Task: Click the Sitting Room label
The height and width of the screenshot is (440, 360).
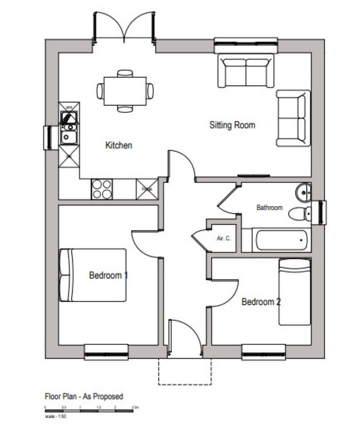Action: pyautogui.click(x=232, y=125)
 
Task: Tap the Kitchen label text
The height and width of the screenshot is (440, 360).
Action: pyautogui.click(x=118, y=146)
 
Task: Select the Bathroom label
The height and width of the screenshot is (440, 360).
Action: pyautogui.click(x=269, y=208)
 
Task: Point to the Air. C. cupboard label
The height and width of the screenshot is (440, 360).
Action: pyautogui.click(x=223, y=238)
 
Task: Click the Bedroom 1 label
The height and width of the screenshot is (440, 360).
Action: pyautogui.click(x=108, y=276)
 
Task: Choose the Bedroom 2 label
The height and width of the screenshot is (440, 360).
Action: pyautogui.click(x=260, y=302)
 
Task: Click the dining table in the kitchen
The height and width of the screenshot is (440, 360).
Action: pyautogui.click(x=125, y=91)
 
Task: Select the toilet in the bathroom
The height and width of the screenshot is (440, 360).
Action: pyautogui.click(x=299, y=214)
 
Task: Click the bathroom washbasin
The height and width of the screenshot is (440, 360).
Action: pyautogui.click(x=303, y=191)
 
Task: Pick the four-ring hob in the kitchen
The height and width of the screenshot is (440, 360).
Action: pyautogui.click(x=102, y=189)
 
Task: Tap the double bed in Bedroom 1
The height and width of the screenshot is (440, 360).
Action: pyautogui.click(x=94, y=274)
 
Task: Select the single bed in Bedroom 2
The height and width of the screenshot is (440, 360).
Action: pyautogui.click(x=295, y=292)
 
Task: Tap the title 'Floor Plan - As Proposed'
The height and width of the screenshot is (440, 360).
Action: pyautogui.click(x=84, y=396)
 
